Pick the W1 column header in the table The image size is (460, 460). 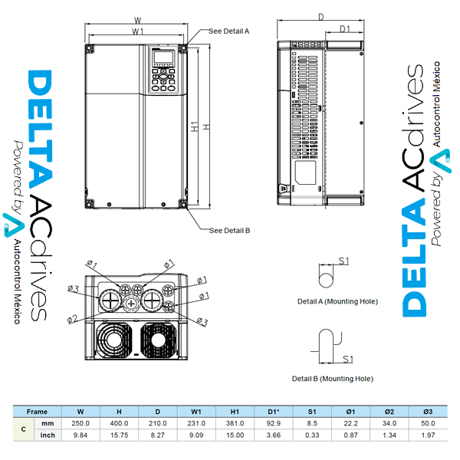coord(196,412)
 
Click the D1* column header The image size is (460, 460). coord(273,412)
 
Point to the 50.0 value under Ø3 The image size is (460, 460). coord(428,423)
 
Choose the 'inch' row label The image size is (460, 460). coord(48,435)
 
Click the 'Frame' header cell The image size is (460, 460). coord(37,412)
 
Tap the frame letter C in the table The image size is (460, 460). coord(25,429)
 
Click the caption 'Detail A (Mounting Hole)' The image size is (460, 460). coord(337,302)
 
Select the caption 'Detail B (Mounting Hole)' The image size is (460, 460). coord(332,379)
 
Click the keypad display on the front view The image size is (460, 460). coord(163,58)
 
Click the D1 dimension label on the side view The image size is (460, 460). coord(344,29)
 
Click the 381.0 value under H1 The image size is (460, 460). coord(235,423)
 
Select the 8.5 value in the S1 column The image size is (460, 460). coord(312,423)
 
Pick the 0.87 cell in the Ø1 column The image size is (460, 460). coord(350,435)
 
